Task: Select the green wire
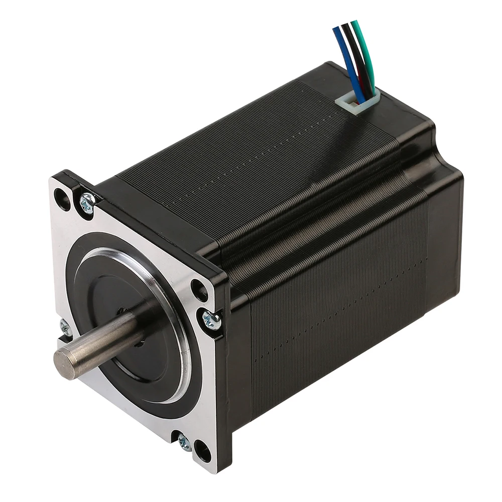click(363, 50)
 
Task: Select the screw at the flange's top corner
click(87, 203)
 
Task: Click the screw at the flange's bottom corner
click(184, 442)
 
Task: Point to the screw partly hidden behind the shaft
click(65, 327)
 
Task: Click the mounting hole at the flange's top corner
click(63, 199)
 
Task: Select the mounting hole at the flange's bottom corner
click(202, 450)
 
